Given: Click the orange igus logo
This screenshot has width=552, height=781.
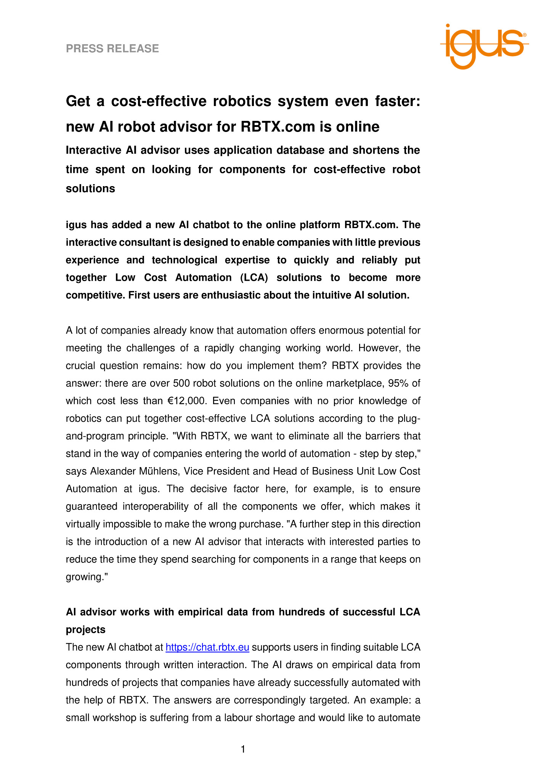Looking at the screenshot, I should pyautogui.click(x=484, y=46).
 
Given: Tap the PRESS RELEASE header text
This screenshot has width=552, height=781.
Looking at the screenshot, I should pyautogui.click(x=112, y=49).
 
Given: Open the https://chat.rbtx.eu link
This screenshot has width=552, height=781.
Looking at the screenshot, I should pyautogui.click(x=207, y=647).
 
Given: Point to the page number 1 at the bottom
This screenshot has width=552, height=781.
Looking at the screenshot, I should pyautogui.click(x=243, y=750).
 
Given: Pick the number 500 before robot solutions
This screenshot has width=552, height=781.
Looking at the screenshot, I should pyautogui.click(x=181, y=383).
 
